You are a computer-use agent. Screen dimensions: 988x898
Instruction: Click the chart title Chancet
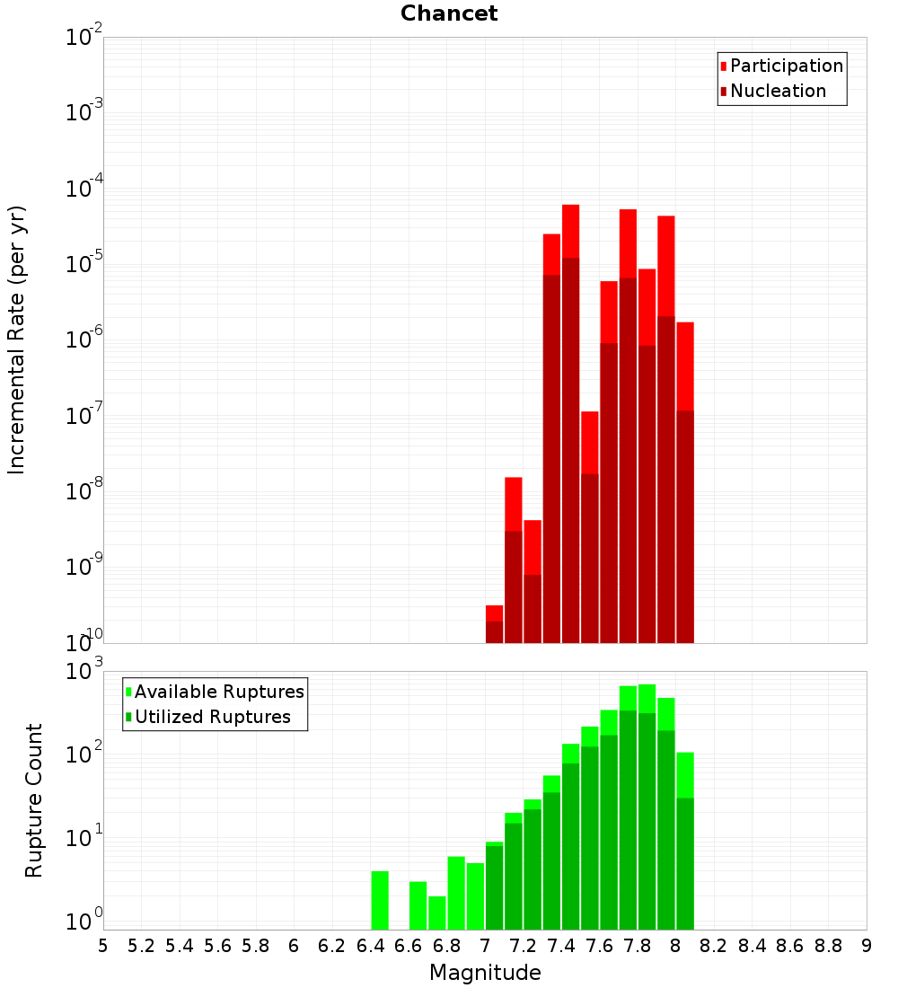coord(449,13)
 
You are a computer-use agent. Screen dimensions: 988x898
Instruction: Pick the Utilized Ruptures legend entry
coord(212,718)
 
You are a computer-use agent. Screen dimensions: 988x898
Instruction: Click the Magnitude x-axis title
coord(485,973)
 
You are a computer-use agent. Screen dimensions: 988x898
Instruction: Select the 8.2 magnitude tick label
coord(714,946)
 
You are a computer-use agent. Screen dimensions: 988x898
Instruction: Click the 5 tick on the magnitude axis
coord(103,946)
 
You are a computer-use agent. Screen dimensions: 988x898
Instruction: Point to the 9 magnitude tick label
coord(867,946)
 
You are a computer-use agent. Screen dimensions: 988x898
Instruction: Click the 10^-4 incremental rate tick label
coord(84,189)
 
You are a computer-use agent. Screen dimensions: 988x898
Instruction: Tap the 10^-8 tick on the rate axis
coord(84,491)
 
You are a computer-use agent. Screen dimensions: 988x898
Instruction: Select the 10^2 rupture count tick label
coord(84,754)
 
